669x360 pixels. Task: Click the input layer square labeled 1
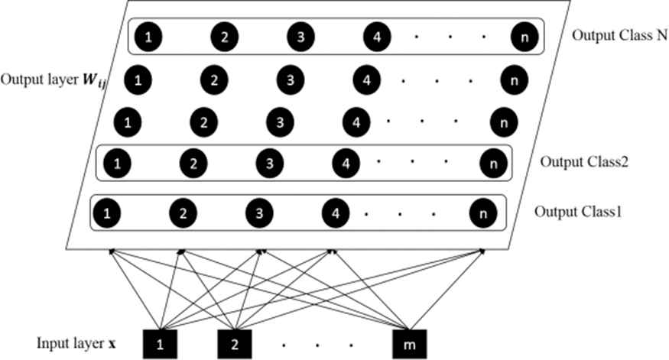pos(160,344)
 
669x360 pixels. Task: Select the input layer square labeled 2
pos(234,344)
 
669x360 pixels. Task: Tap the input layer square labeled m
pos(409,344)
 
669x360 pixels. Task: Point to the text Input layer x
pos(76,343)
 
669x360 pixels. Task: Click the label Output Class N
pos(619,35)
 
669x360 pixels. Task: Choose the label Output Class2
pos(584,162)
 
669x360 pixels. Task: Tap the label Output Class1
pos(578,212)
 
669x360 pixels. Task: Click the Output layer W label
pos(54,80)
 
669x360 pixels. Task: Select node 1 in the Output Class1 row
pos(107,212)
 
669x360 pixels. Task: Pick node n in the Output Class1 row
pos(483,212)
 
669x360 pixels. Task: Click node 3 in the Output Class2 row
pos(270,164)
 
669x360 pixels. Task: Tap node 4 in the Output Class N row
pos(377,37)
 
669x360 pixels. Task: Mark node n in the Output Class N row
pos(524,37)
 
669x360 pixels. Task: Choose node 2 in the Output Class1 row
pos(183,212)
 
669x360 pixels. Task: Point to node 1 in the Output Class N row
pos(148,37)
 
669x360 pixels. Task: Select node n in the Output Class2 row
pos(494,164)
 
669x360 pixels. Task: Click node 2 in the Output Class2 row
pos(193,164)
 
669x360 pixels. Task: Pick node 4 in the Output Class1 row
pos(336,212)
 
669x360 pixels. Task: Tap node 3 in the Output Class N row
pos(300,37)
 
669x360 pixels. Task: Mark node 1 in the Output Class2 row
pos(117,164)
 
